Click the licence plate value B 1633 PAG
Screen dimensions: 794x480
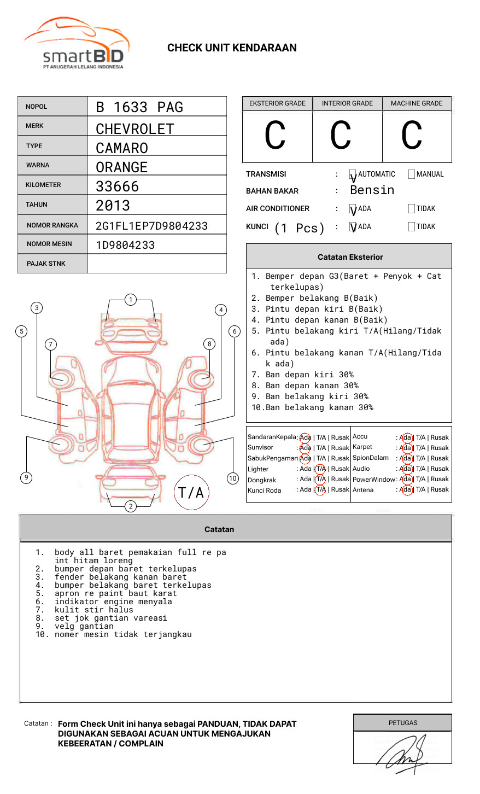[x=139, y=107]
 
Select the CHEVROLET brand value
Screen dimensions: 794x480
[x=134, y=129]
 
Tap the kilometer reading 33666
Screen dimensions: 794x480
[x=118, y=186]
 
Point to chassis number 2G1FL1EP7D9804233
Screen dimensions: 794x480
[x=151, y=226]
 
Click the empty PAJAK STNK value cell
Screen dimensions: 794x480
[x=157, y=264]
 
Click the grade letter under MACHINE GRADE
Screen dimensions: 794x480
[x=412, y=136]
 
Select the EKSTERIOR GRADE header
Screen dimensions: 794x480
[x=277, y=103]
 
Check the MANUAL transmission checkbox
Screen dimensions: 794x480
[x=412, y=174]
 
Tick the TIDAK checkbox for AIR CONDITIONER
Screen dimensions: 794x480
[x=412, y=209]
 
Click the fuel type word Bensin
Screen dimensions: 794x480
[x=372, y=190]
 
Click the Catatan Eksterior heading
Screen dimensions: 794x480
[x=350, y=257]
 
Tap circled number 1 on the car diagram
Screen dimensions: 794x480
[x=130, y=300]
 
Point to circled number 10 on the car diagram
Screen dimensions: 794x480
[x=233, y=478]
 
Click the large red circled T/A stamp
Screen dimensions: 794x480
[x=191, y=492]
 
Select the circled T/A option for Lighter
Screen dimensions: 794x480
[x=320, y=469]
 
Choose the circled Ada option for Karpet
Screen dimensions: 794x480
[x=406, y=448]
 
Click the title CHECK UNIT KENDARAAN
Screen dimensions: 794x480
[x=232, y=48]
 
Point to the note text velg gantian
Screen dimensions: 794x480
[x=84, y=626]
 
